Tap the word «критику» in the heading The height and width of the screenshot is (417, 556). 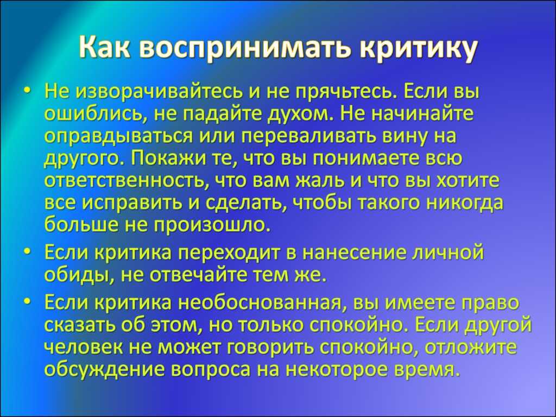point(418,48)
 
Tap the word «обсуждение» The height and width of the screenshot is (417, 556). point(105,369)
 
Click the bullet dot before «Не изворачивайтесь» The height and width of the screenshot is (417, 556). point(28,92)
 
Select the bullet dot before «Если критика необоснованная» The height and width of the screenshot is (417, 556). point(28,302)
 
